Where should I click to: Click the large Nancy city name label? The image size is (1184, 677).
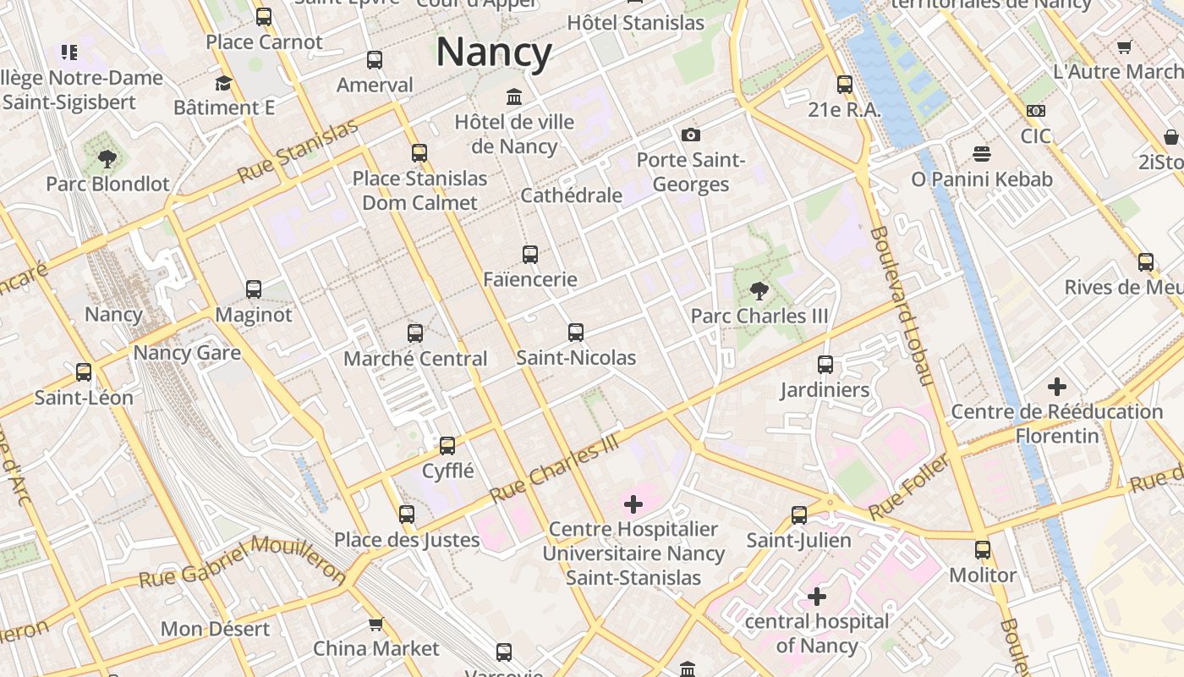pyautogui.click(x=494, y=52)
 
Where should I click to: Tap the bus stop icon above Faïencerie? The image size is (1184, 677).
pyautogui.click(x=530, y=254)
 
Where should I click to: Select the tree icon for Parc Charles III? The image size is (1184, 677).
pyautogui.click(x=759, y=291)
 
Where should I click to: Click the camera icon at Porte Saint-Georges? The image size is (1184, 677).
pyautogui.click(x=691, y=135)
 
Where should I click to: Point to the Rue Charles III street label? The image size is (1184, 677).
pyautogui.click(x=555, y=469)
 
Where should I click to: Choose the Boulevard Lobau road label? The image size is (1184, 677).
pyautogui.click(x=900, y=305)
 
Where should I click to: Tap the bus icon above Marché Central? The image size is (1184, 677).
pyautogui.click(x=415, y=333)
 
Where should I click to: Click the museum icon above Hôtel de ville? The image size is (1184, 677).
pyautogui.click(x=514, y=96)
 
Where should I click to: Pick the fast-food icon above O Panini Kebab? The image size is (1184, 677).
pyautogui.click(x=982, y=154)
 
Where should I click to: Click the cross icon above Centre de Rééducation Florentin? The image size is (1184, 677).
pyautogui.click(x=1056, y=387)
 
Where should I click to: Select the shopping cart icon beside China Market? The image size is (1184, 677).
pyautogui.click(x=375, y=624)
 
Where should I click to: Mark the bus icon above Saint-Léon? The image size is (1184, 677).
pyautogui.click(x=84, y=372)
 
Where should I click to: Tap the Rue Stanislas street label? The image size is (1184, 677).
pyautogui.click(x=298, y=152)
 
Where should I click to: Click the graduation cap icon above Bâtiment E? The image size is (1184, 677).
pyautogui.click(x=223, y=83)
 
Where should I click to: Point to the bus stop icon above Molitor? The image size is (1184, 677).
pyautogui.click(x=982, y=550)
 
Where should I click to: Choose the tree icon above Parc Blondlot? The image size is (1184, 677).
pyautogui.click(x=107, y=158)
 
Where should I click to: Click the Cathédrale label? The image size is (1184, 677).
pyautogui.click(x=571, y=195)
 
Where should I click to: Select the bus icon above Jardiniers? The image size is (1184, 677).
pyautogui.click(x=825, y=365)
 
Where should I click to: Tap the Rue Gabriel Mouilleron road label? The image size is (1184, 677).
pyautogui.click(x=242, y=561)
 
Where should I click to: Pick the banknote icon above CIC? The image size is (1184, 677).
pyautogui.click(x=1035, y=111)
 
